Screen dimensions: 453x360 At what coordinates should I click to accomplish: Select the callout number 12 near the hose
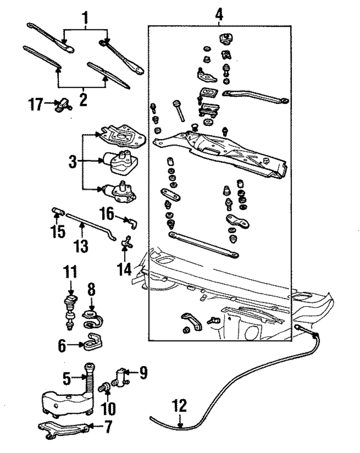tap(180, 407)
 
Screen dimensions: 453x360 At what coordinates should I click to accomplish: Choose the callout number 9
tap(143, 373)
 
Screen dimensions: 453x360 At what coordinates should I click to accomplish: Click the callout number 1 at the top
tap(85, 16)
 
